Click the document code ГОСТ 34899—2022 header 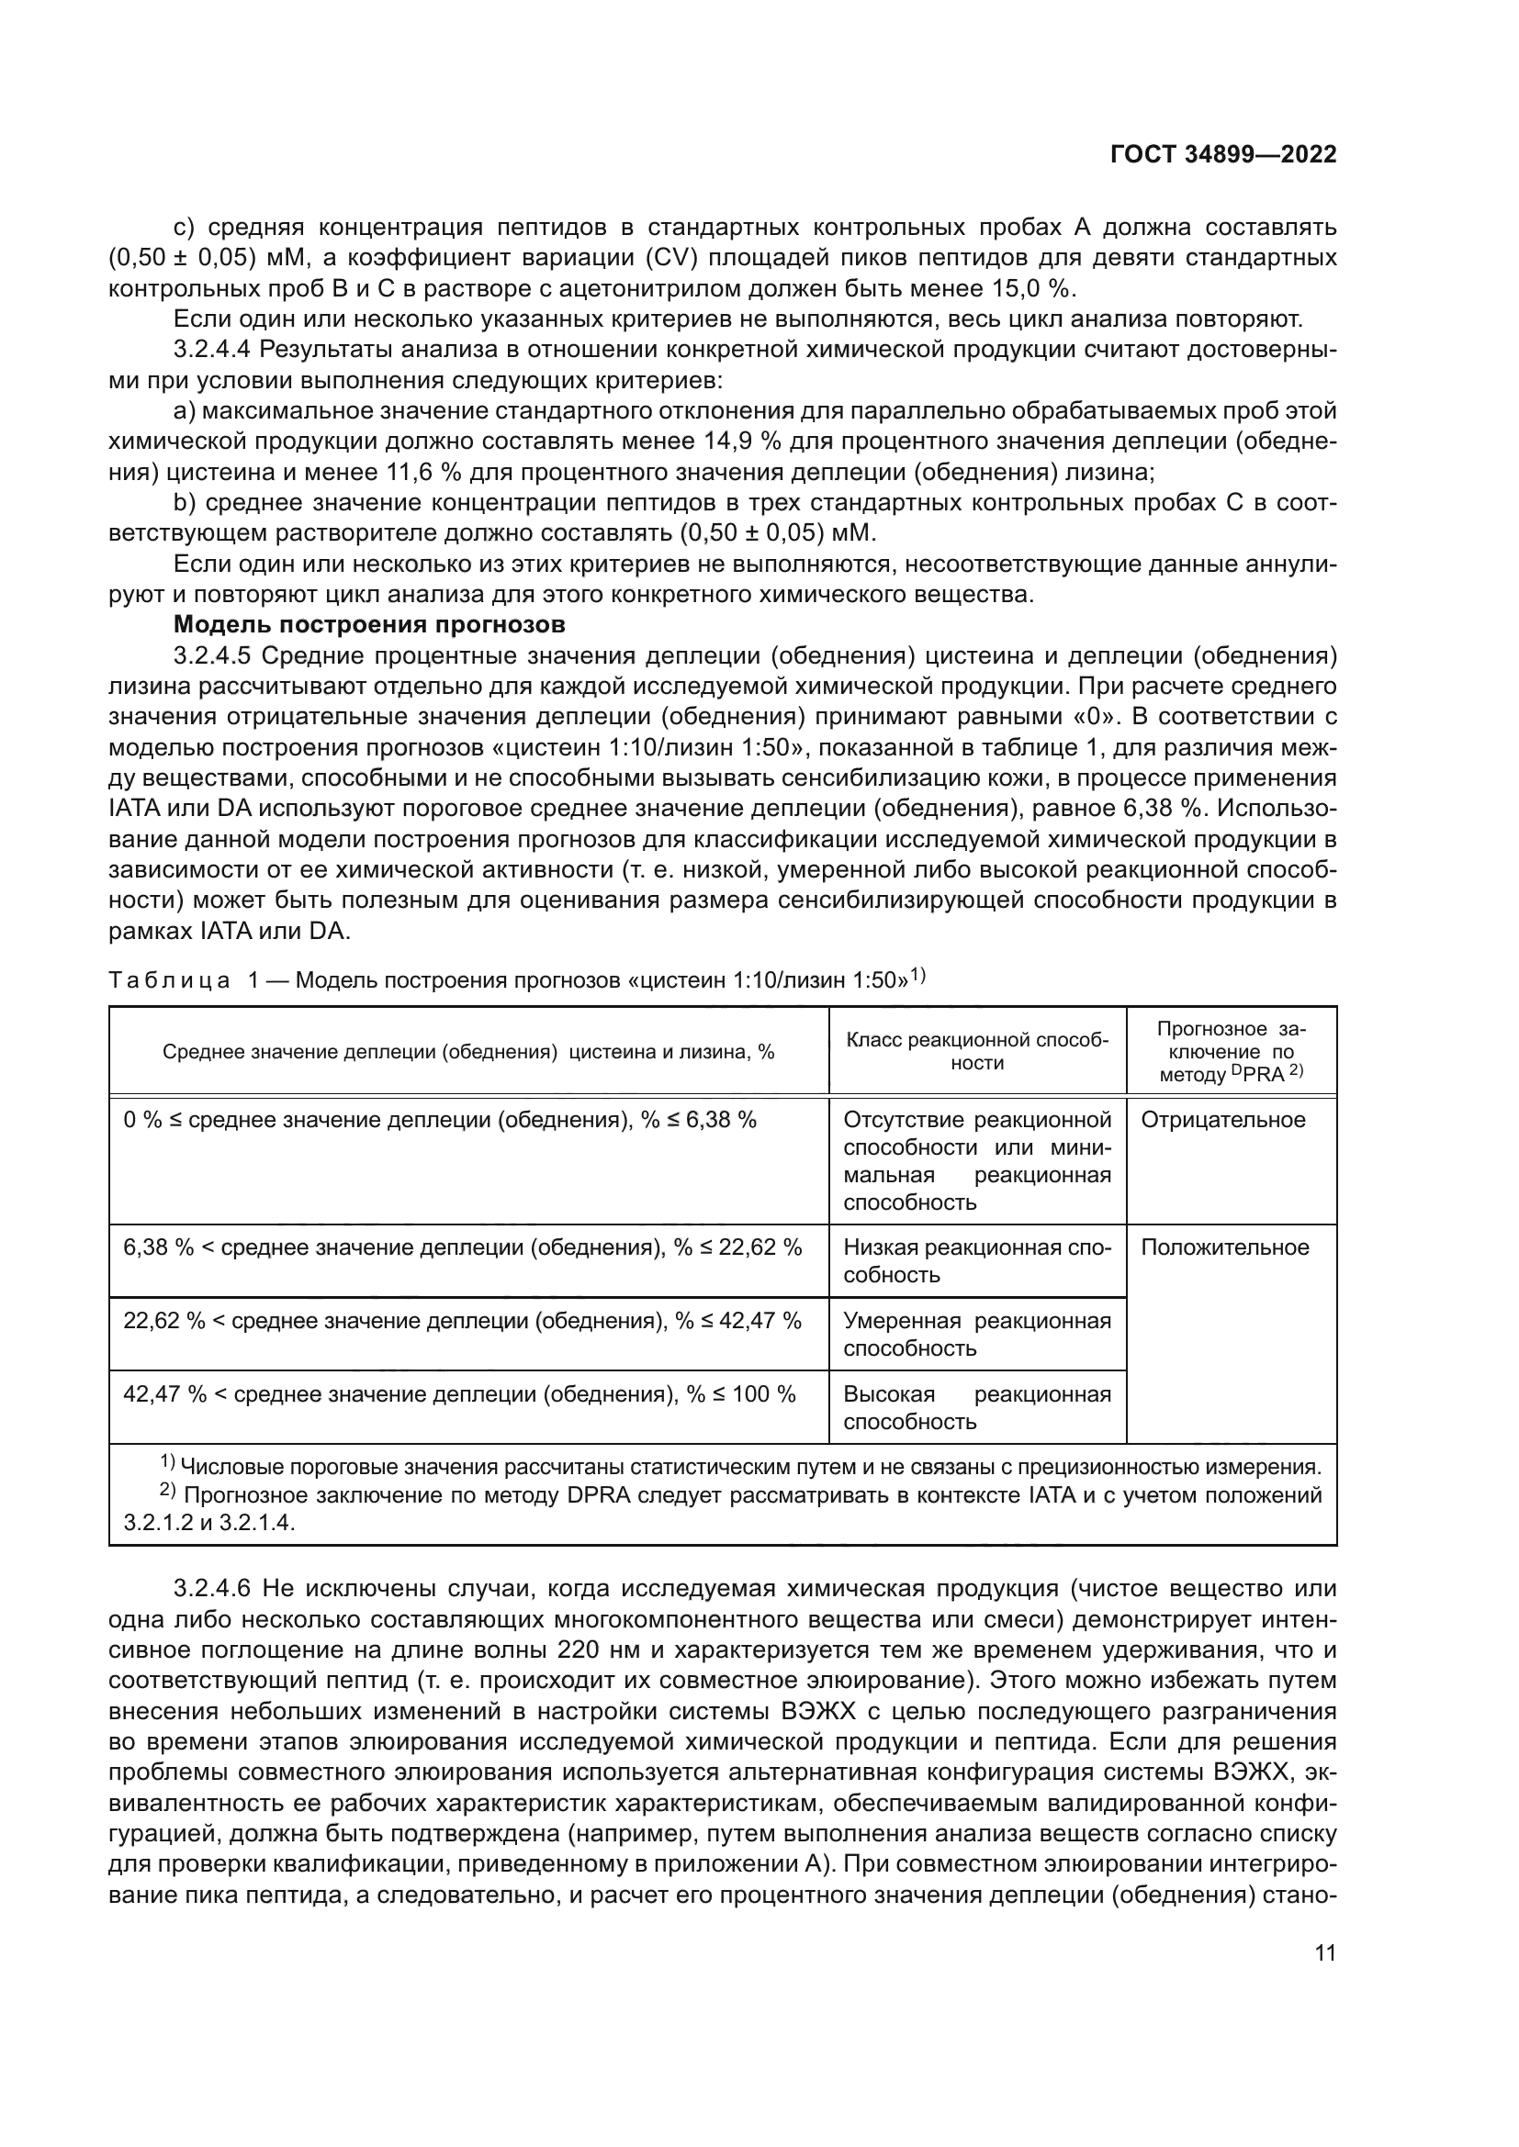(1222, 155)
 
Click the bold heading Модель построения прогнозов (369, 625)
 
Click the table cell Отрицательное (1222, 1120)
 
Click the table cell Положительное (1224, 1247)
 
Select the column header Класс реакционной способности (976, 1051)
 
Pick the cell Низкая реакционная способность (976, 1260)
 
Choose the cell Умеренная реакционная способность (976, 1334)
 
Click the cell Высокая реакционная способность (976, 1407)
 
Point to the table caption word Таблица (169, 980)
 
